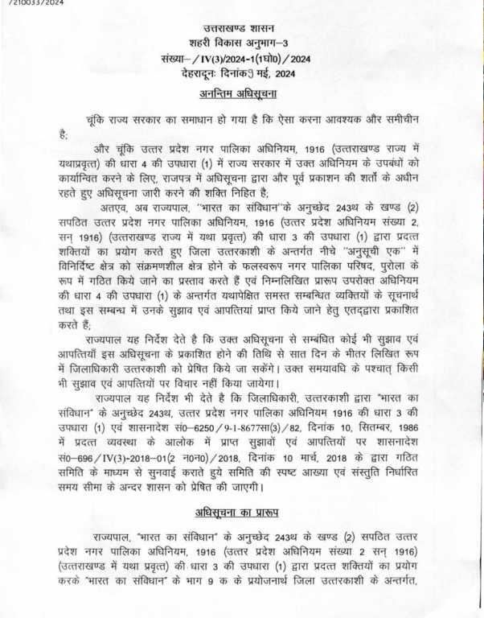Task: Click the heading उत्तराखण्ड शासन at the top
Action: point(242,30)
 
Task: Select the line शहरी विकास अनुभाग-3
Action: point(242,44)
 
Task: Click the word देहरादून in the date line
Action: point(205,73)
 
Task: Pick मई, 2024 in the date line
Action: point(278,73)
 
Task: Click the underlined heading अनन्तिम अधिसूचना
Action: point(242,95)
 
